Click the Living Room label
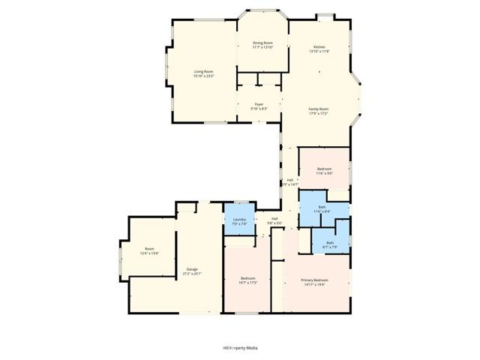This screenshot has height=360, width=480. point(204,71)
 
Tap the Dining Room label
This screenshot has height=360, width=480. point(262,43)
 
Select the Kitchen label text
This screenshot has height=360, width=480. point(319,46)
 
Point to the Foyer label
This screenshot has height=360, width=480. point(259,104)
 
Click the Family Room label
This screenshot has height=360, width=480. point(319,109)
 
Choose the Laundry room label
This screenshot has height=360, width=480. point(239,219)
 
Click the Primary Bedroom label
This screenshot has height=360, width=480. point(316,280)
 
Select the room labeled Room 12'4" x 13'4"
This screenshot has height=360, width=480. point(149,251)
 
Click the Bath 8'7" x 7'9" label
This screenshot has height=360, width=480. point(330,244)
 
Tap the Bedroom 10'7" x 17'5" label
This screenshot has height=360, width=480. point(248,280)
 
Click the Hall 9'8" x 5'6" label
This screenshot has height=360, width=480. point(274,219)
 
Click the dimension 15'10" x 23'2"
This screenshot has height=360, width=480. point(204,76)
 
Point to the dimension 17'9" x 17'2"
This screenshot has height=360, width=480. point(319,114)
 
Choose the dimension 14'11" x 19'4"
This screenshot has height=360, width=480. point(316,285)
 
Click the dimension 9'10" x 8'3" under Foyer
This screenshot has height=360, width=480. point(259,109)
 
